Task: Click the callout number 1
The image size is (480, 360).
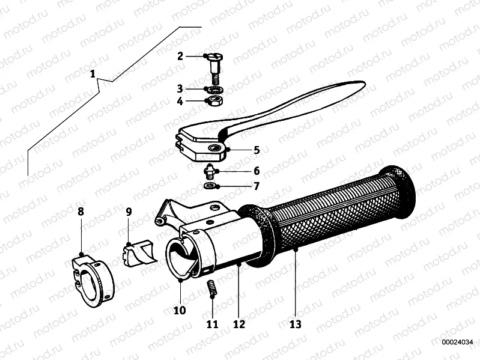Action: coord(93,74)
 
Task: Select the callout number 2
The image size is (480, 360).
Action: coord(180,56)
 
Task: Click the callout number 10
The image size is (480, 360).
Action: coord(180,310)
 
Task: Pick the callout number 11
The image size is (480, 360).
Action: coord(211,325)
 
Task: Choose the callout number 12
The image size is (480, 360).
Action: coord(238,325)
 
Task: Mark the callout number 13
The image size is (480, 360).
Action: coord(295,325)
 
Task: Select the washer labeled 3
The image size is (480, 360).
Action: coord(213,88)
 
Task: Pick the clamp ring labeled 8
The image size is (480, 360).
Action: coord(90,277)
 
